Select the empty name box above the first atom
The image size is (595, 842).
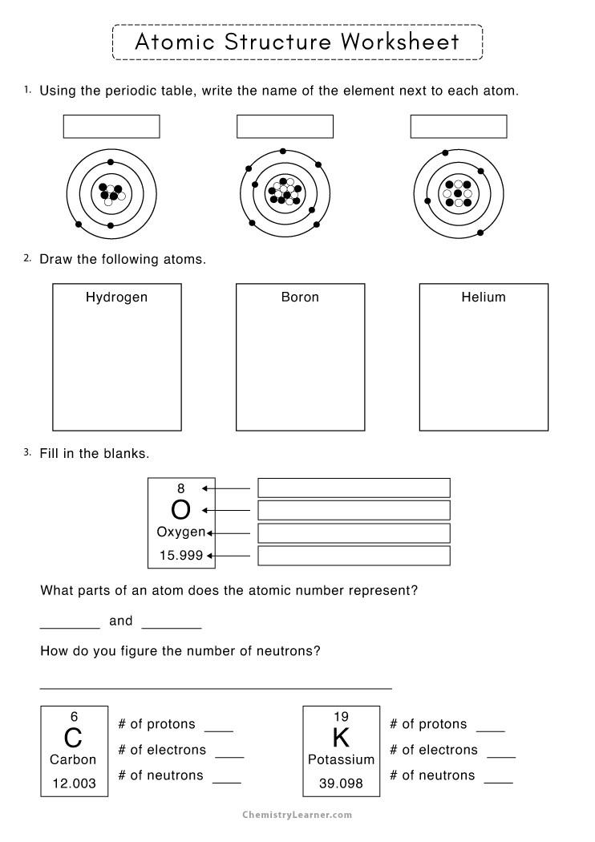point(111,127)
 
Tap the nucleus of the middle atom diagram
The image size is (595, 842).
point(284,192)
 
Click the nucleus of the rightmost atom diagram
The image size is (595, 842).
point(458,193)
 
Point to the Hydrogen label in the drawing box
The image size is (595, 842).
point(116,298)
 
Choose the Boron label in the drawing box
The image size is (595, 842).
point(300,298)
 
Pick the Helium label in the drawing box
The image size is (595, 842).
point(484,298)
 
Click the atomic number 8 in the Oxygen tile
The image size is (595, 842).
point(180,488)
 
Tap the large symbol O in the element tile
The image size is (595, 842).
point(181,510)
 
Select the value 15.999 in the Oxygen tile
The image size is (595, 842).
point(180,554)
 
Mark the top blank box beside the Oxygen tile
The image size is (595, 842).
point(354,488)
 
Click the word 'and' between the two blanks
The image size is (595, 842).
point(121,621)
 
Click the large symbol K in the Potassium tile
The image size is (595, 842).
point(341,738)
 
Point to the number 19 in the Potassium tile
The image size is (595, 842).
point(341,717)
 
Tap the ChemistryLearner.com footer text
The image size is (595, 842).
point(297,815)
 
